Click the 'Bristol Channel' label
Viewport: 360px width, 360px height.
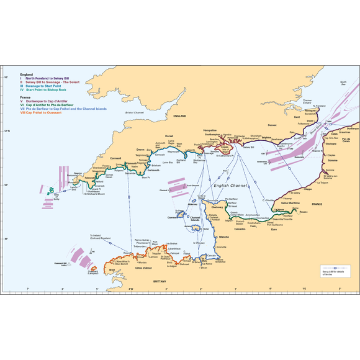pos(134,112)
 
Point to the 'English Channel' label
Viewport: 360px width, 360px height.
pos(230,185)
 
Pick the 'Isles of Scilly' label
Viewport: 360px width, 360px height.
pos(58,196)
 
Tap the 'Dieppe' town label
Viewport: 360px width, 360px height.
pos(307,188)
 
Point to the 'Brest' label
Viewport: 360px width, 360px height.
pos(112,270)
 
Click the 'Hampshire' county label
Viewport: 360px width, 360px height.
pos(210,130)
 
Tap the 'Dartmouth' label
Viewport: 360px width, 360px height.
pos(154,170)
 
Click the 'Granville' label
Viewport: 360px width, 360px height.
pos(220,247)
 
